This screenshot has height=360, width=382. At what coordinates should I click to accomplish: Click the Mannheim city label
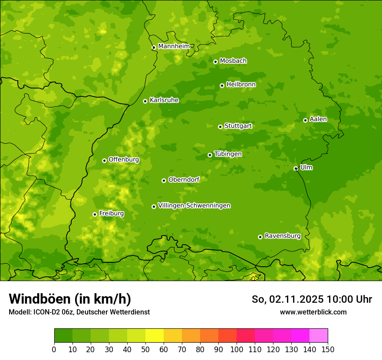(x=174, y=46)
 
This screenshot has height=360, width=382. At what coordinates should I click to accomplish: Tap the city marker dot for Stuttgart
(x=220, y=127)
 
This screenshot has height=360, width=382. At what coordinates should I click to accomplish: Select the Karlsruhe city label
(x=164, y=100)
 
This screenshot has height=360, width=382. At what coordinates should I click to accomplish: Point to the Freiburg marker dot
(x=95, y=214)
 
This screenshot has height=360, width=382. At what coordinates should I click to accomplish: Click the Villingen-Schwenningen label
(x=194, y=206)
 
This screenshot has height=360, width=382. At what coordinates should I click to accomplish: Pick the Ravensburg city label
(x=283, y=236)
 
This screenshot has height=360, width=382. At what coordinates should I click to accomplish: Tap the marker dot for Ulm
(x=296, y=168)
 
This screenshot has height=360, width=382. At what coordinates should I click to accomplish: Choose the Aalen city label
(x=318, y=119)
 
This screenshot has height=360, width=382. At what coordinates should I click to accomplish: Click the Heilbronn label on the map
(x=241, y=85)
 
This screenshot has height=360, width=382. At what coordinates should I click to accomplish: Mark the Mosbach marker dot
(x=215, y=62)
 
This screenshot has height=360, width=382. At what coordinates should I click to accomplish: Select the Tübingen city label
(x=228, y=154)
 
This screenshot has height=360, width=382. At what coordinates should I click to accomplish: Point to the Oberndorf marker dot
(x=164, y=180)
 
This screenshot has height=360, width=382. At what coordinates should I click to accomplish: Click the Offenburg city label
(x=124, y=160)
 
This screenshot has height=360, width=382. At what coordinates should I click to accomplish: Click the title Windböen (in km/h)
(x=70, y=299)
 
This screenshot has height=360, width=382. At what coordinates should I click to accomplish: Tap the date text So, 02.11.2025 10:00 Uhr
(x=312, y=299)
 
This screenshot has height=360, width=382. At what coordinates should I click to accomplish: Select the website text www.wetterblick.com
(x=313, y=312)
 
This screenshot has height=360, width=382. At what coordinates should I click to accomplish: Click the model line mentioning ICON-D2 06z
(x=79, y=312)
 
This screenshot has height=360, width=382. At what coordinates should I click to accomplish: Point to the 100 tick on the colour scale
(x=237, y=349)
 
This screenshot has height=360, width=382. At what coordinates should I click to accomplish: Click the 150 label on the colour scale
(x=328, y=349)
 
